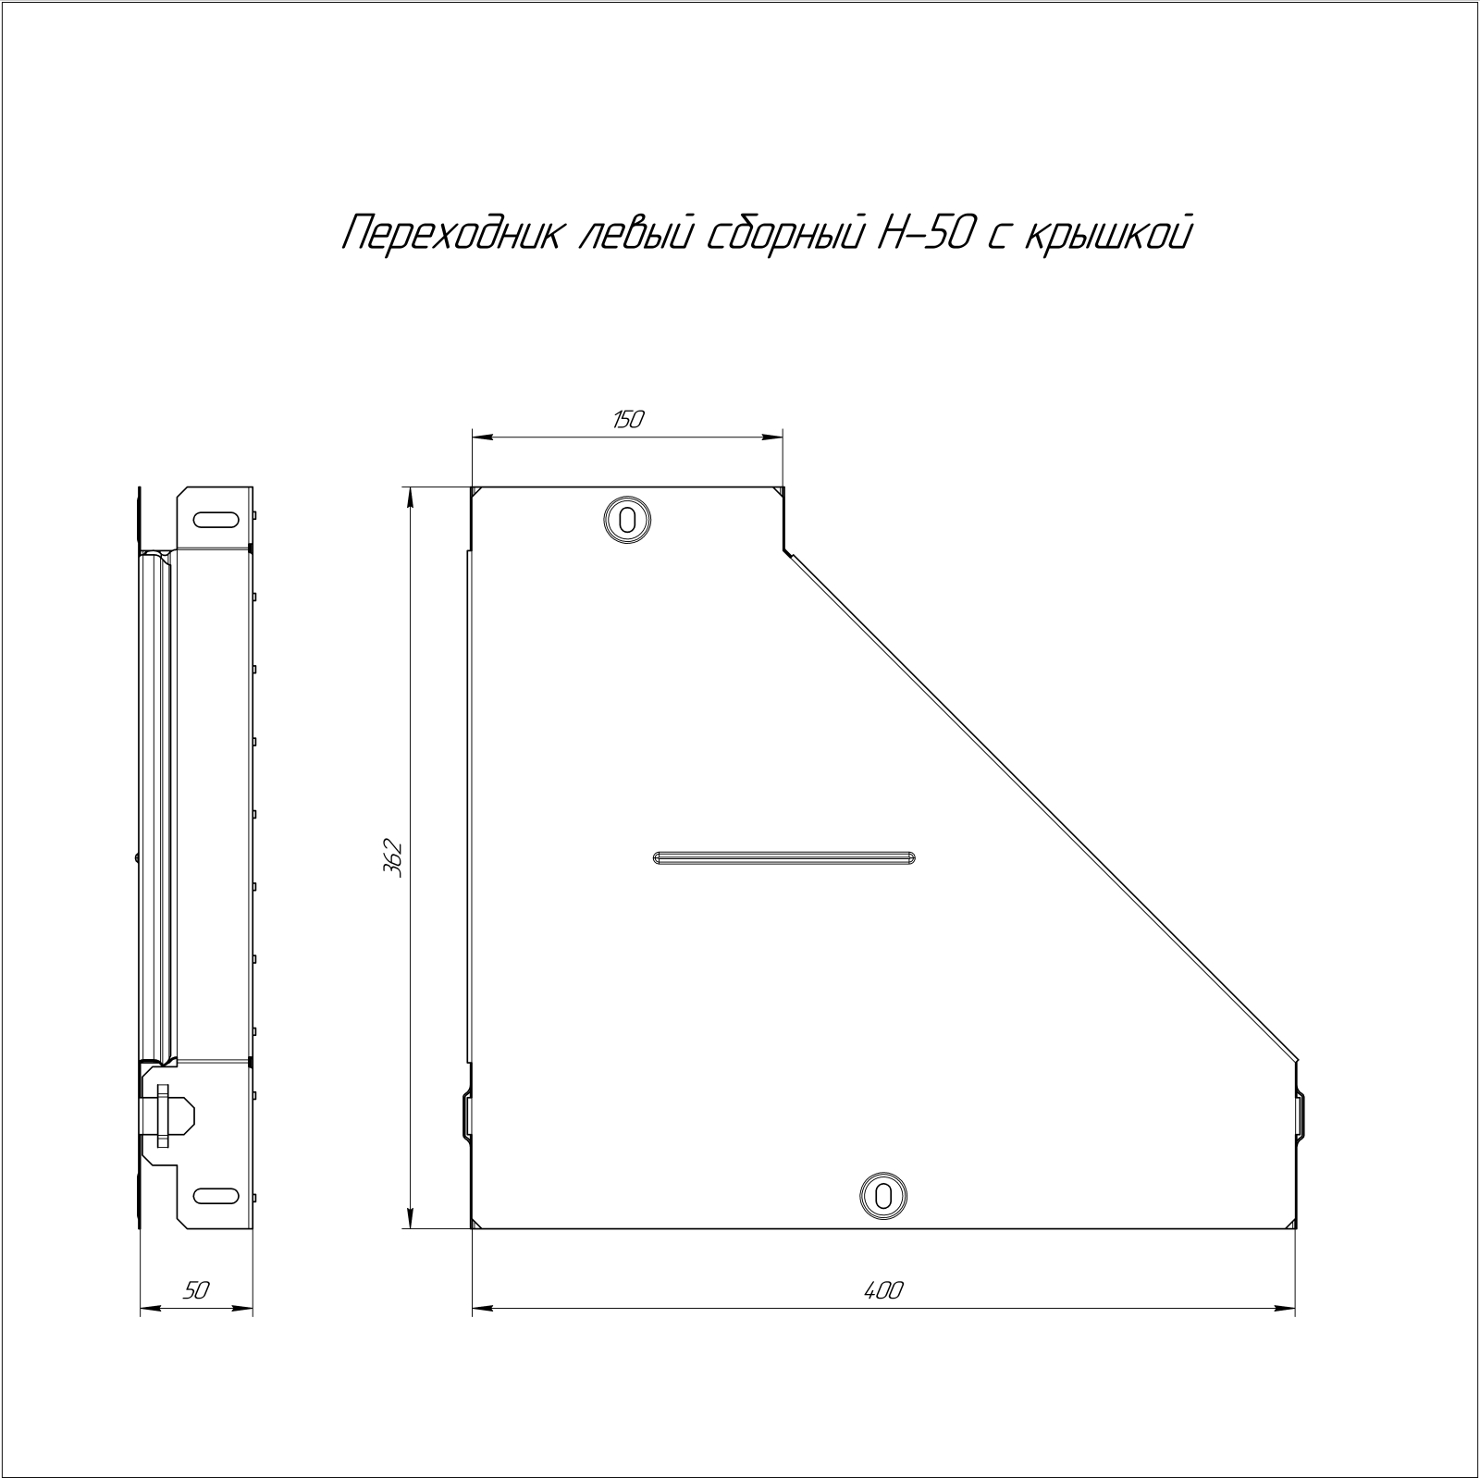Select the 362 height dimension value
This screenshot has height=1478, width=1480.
(x=393, y=857)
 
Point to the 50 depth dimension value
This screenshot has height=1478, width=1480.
(x=196, y=1291)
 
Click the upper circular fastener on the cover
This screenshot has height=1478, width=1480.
(x=627, y=519)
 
